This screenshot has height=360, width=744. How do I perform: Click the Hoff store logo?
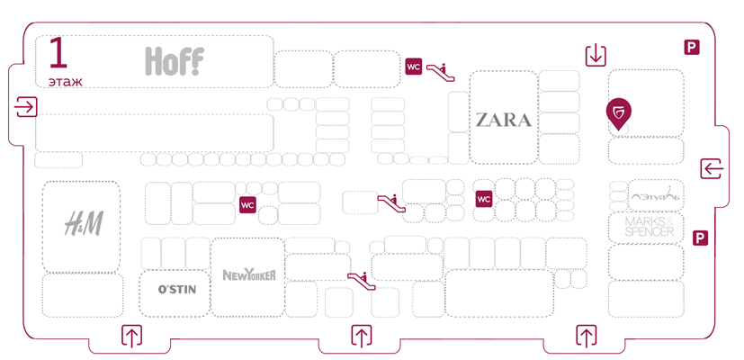[x=175, y=61]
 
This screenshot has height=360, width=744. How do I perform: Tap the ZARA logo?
[x=503, y=119]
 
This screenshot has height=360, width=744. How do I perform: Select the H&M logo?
[x=82, y=223]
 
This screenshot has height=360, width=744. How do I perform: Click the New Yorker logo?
[x=248, y=274]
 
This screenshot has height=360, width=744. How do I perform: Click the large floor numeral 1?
[x=58, y=55]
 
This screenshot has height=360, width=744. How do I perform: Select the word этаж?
[x=66, y=82]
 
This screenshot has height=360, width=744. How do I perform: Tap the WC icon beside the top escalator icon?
[x=414, y=66]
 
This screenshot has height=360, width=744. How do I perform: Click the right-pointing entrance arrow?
[x=26, y=107]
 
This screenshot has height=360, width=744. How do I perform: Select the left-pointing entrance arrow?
[x=713, y=168]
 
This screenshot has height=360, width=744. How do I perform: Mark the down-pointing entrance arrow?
[x=596, y=56]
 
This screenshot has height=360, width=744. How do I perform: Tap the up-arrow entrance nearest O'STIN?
[x=132, y=337]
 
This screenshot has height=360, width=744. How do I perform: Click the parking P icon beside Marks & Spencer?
[x=701, y=238]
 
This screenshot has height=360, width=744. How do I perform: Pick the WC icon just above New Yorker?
[x=248, y=205]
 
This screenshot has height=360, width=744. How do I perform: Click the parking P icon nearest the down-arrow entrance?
[x=692, y=48]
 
